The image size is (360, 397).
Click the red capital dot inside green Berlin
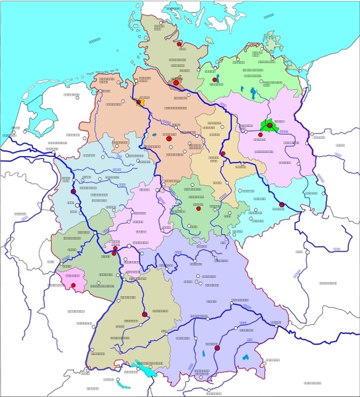coord(269,124)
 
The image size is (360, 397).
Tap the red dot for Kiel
coord(179,44)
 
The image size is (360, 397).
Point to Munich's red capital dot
coord(216,346)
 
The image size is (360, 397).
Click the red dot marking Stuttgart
coord(144,314)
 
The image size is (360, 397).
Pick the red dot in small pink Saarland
coord(74,286)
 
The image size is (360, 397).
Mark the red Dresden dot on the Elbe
coord(281,204)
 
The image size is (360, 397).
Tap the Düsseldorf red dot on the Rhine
coord(73,192)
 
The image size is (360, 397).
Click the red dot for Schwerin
coord(215,80)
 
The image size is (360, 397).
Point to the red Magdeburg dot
coord(223,154)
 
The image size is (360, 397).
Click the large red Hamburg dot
coord(176,83)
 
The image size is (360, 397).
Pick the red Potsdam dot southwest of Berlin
coord(260,134)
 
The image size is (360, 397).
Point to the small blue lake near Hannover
coord(154,136)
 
